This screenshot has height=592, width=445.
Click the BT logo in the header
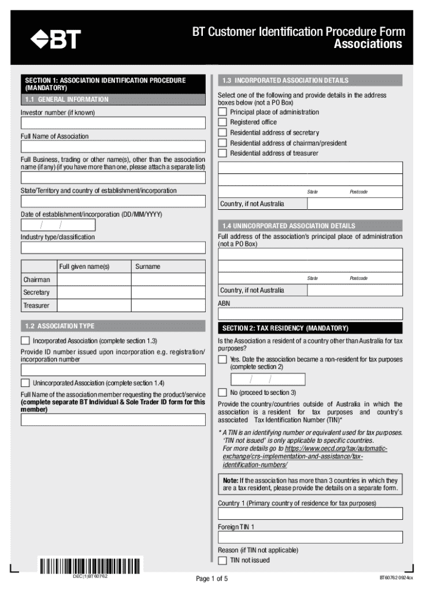[x=55, y=39]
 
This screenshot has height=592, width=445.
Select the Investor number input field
[x=113, y=123]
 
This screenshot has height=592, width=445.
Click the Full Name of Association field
[x=113, y=147]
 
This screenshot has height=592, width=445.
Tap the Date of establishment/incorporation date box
[x=58, y=225]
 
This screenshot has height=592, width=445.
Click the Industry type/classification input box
[x=113, y=248]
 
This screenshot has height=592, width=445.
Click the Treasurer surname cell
[x=168, y=305]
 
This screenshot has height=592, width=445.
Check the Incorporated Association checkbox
[x=25, y=341]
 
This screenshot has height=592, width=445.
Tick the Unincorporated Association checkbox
[x=25, y=383]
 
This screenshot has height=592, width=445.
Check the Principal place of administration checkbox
[x=222, y=112]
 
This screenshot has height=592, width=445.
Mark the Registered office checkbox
[x=222, y=123]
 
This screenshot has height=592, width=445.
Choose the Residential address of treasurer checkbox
[x=222, y=153]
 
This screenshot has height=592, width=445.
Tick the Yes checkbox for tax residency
[x=222, y=360]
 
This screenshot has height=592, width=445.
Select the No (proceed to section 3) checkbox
[x=222, y=393]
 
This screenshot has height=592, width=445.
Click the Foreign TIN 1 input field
[x=310, y=537]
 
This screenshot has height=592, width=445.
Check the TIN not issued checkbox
[x=222, y=560]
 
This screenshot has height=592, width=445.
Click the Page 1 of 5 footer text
[x=212, y=579]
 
